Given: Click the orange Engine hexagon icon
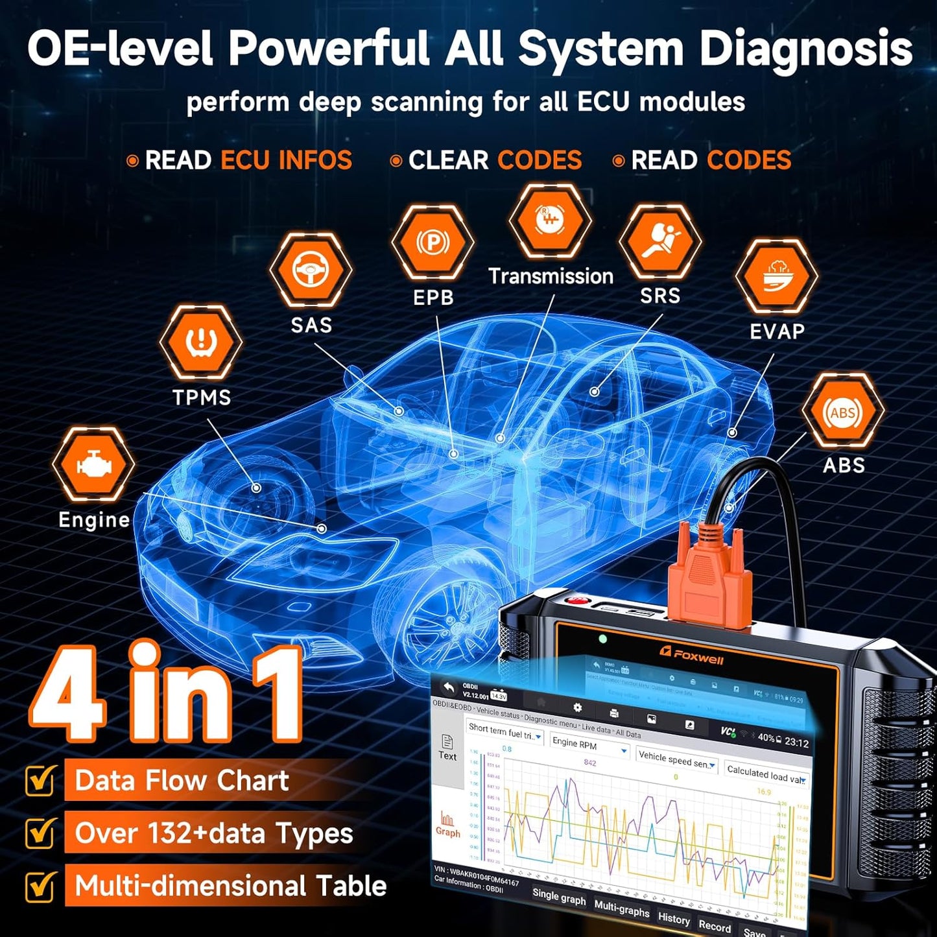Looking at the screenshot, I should (x=93, y=464).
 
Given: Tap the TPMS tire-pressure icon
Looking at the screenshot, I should (x=201, y=342).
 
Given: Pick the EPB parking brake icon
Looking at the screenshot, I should (x=433, y=243).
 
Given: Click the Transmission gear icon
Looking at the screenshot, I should (x=550, y=220).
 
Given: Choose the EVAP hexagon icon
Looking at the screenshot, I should (x=776, y=275).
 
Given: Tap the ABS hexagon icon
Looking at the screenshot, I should (x=842, y=411).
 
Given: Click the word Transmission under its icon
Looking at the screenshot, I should (x=551, y=276).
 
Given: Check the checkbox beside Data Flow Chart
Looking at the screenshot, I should (x=40, y=781).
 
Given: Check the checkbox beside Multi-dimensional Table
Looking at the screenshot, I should (x=40, y=886).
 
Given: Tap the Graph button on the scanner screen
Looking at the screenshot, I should (x=447, y=825).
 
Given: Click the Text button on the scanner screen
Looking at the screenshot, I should (x=447, y=747).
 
